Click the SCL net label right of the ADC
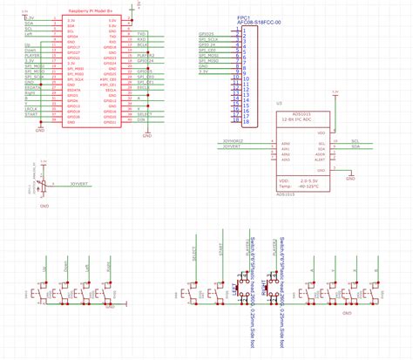pos(354,139)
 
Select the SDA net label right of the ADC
pos(354,146)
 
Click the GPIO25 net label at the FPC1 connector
pos(207,32)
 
